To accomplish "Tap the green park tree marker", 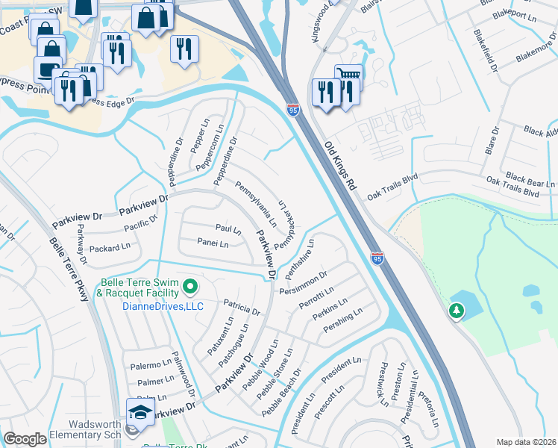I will pyautogui.click(x=455, y=311).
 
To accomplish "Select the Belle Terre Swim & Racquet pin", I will pyautogui.click(x=190, y=286).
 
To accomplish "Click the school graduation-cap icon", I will pyautogui.click(x=139, y=412).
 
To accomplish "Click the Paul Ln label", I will pyautogui.click(x=228, y=228).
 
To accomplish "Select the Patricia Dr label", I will pyautogui.click(x=241, y=307).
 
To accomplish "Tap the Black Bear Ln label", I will pyautogui.click(x=530, y=178).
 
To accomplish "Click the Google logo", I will pyautogui.click(x=25, y=439).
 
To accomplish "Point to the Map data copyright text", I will pyautogui.click(x=526, y=442).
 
